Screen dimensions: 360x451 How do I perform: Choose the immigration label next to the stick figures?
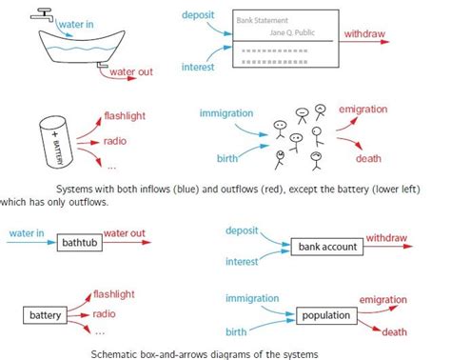tap(227, 114)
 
